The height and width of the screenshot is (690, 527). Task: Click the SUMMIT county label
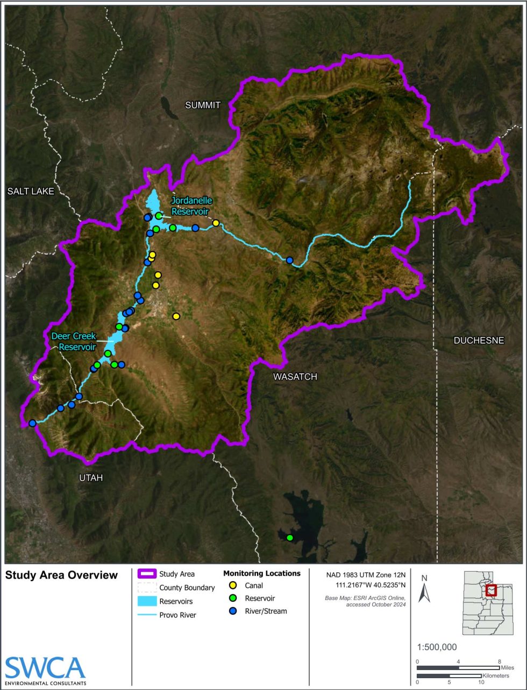click(x=203, y=105)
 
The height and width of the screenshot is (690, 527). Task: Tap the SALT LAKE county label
click(x=31, y=191)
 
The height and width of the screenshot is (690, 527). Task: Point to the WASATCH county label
click(x=295, y=377)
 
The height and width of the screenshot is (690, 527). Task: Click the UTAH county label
click(x=90, y=478)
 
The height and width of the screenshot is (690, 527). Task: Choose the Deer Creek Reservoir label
click(x=73, y=341)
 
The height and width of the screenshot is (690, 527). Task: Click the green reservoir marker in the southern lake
click(x=290, y=538)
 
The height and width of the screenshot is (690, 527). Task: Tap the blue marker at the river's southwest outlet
click(x=32, y=423)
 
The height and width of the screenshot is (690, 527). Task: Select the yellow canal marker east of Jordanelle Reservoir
click(x=216, y=223)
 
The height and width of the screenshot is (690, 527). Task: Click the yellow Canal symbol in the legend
click(x=233, y=586)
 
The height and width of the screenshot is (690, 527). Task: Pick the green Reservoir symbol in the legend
click(x=233, y=598)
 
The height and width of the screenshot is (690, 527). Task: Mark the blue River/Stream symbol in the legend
click(x=233, y=611)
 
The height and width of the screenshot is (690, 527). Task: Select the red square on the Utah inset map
click(x=491, y=590)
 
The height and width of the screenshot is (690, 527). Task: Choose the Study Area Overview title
click(x=61, y=575)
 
